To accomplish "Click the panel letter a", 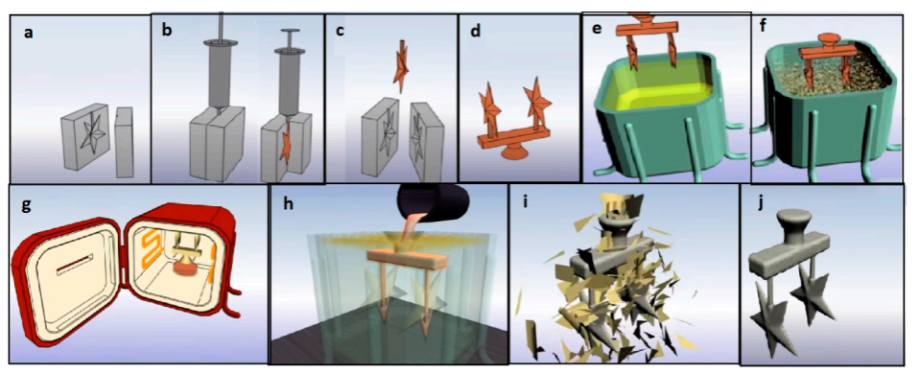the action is (28, 33).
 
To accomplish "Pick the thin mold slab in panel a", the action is (125, 142).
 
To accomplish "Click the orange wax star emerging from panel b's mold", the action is (285, 147).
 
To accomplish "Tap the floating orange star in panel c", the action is (402, 67).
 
